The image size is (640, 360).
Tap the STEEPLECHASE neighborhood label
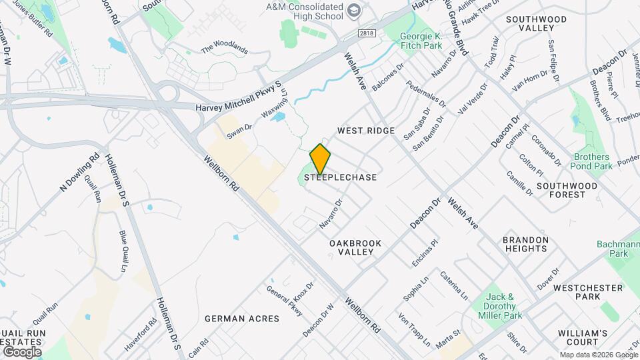click(341, 178)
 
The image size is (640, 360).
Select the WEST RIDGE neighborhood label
click(366, 131)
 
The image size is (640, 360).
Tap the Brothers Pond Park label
click(593, 161)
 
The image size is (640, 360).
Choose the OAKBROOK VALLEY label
click(355, 248)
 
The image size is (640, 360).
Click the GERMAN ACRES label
click(242, 319)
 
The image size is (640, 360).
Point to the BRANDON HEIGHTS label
click(525, 244)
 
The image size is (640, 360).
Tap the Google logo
click(22, 351)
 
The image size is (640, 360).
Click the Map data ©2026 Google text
click(598, 355)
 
